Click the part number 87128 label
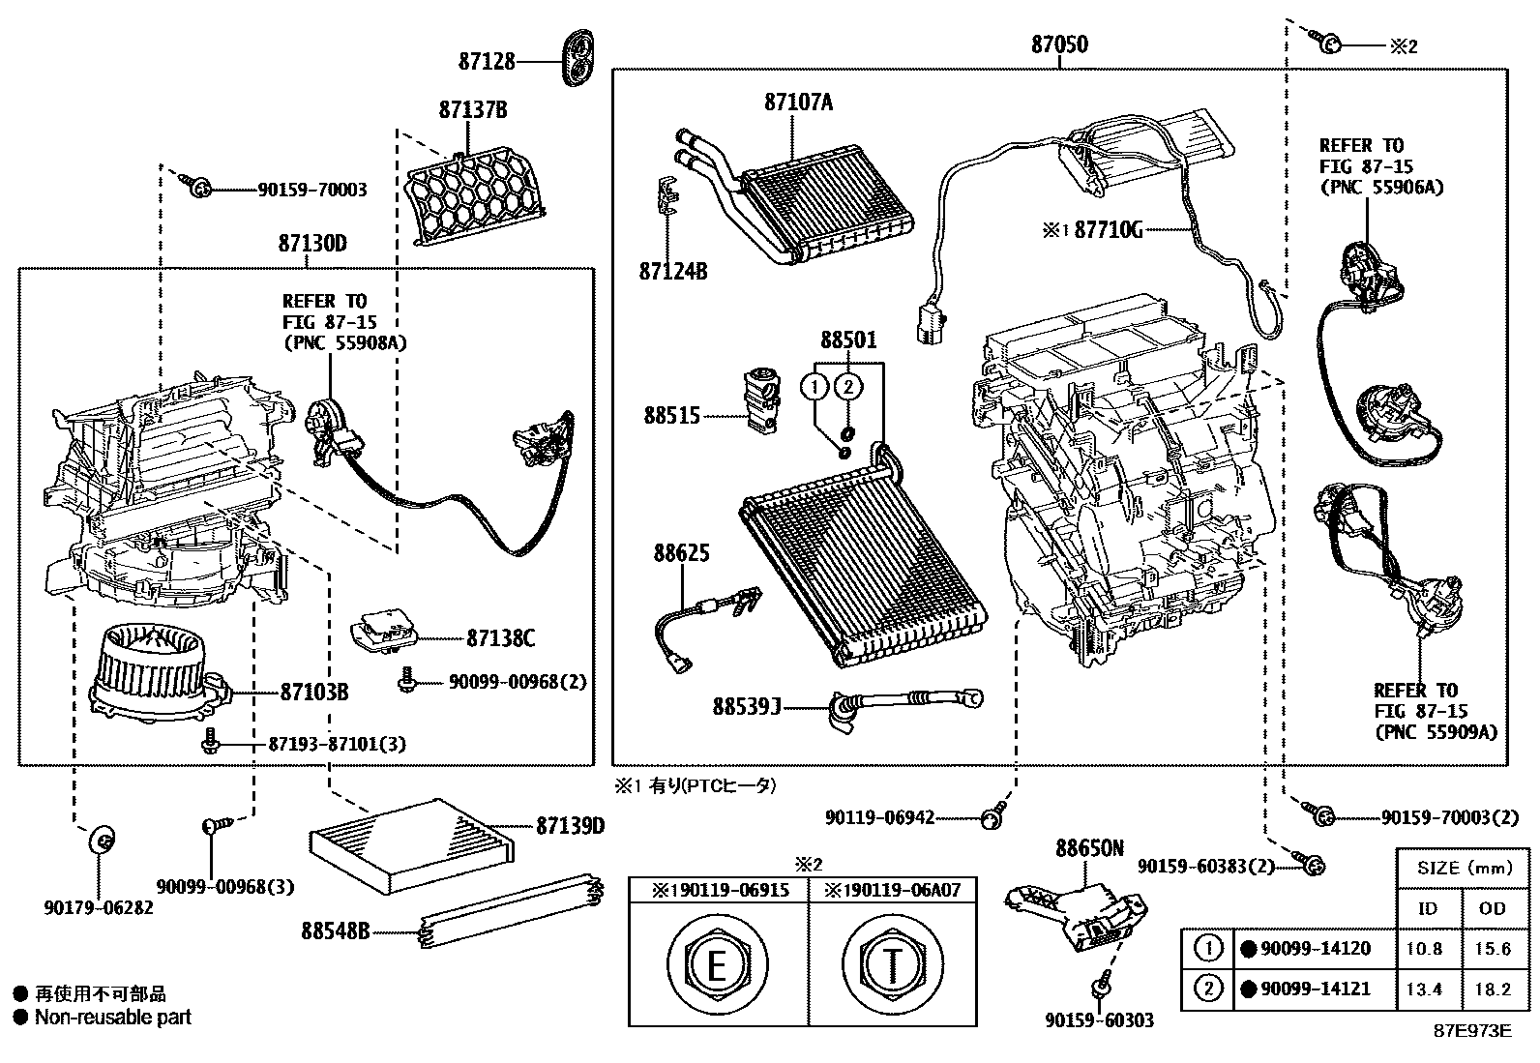tap(487, 61)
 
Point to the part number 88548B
tap(335, 931)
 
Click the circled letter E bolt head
tap(717, 964)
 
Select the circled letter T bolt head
tap(894, 964)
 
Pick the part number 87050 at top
tap(1059, 44)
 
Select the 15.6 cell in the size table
tap(1493, 948)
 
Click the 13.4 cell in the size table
tap(1425, 989)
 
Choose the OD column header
tap(1493, 907)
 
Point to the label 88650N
tap(1089, 848)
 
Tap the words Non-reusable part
tap(112, 1017)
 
